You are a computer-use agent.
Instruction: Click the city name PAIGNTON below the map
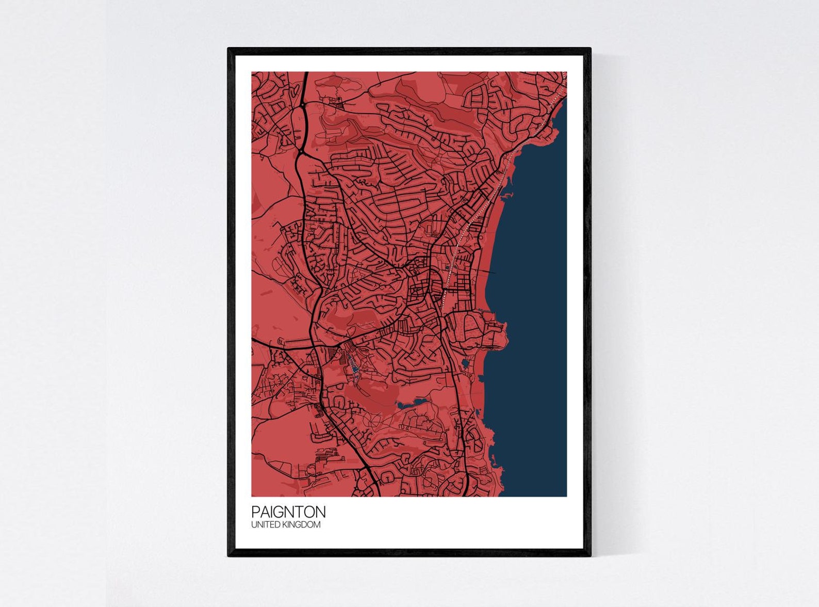click(288, 512)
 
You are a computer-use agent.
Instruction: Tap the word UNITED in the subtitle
click(265, 525)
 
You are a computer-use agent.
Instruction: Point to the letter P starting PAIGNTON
click(255, 512)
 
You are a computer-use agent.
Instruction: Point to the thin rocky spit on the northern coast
click(507, 195)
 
